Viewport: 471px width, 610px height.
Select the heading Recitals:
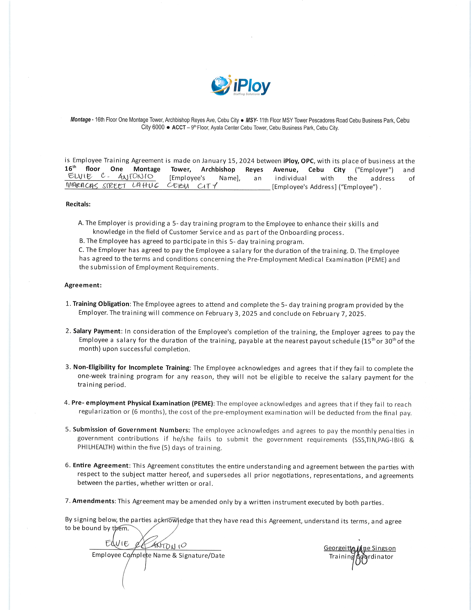[x=78, y=204]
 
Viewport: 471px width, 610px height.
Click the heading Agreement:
[x=83, y=285]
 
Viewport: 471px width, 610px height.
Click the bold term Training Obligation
[x=101, y=304]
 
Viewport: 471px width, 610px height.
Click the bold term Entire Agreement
[x=101, y=465]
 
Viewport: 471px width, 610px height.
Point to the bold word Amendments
[x=93, y=501]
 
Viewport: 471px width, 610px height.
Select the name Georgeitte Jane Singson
[x=359, y=548]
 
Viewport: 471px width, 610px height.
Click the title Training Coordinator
[x=361, y=556]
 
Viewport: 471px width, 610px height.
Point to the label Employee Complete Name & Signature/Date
[x=158, y=555]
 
